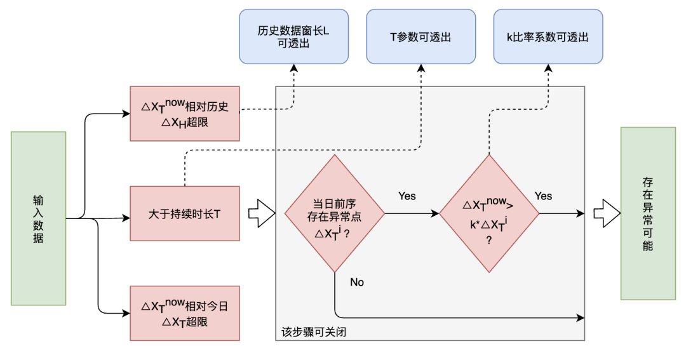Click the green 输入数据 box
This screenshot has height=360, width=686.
39,218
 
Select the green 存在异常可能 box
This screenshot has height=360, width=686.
647,213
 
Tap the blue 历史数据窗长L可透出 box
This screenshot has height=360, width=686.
293,37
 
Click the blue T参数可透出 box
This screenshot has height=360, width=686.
420,37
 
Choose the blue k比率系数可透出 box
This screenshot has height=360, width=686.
548,37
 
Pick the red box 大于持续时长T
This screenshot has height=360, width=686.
185,213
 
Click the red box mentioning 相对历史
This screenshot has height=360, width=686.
185,114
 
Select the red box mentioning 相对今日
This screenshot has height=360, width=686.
185,313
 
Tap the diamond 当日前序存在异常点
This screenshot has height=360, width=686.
334,213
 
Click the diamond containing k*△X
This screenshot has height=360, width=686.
489,213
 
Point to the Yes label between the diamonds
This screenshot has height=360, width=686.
407,196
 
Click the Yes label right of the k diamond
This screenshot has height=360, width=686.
543,196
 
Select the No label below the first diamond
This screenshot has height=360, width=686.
357,282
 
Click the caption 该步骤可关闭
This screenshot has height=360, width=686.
314,332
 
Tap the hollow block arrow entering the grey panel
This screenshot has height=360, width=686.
261,213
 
